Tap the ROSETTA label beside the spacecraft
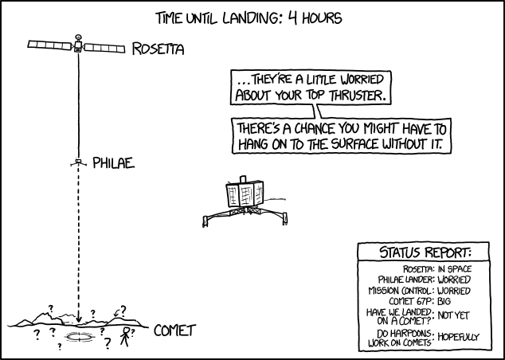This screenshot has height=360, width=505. pyautogui.click(x=158, y=50)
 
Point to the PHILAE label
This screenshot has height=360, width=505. pyautogui.click(x=113, y=164)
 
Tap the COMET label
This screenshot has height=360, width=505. pyautogui.click(x=174, y=330)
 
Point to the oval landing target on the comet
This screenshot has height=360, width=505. pyautogui.click(x=79, y=338)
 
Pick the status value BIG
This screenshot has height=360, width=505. pyautogui.click(x=440, y=302)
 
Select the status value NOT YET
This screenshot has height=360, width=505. pyautogui.click(x=452, y=317)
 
